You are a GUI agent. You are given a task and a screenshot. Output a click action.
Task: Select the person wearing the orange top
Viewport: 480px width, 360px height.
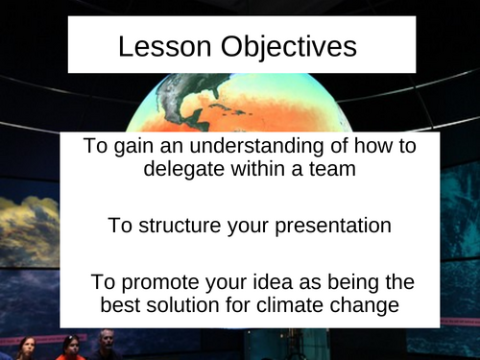[69, 350]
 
